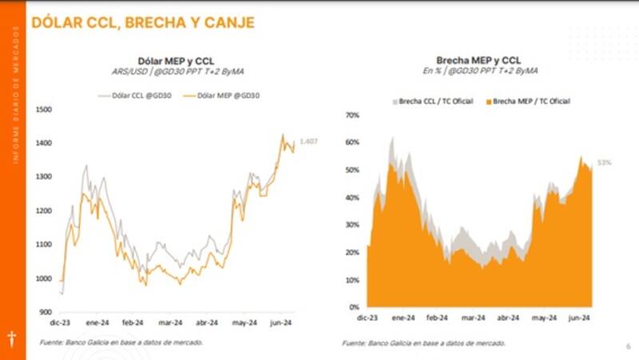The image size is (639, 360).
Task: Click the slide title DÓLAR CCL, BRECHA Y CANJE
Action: [x=143, y=23]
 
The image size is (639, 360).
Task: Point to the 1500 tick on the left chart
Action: [x=44, y=109]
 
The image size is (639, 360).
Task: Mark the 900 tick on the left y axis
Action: [x=46, y=313]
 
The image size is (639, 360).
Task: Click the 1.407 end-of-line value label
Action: [x=308, y=142]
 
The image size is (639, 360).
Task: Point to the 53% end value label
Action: [x=605, y=163]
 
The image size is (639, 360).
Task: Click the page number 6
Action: [x=627, y=346]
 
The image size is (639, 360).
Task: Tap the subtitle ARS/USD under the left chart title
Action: [x=177, y=72]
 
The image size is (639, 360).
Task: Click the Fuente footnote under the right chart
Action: [x=423, y=343]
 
